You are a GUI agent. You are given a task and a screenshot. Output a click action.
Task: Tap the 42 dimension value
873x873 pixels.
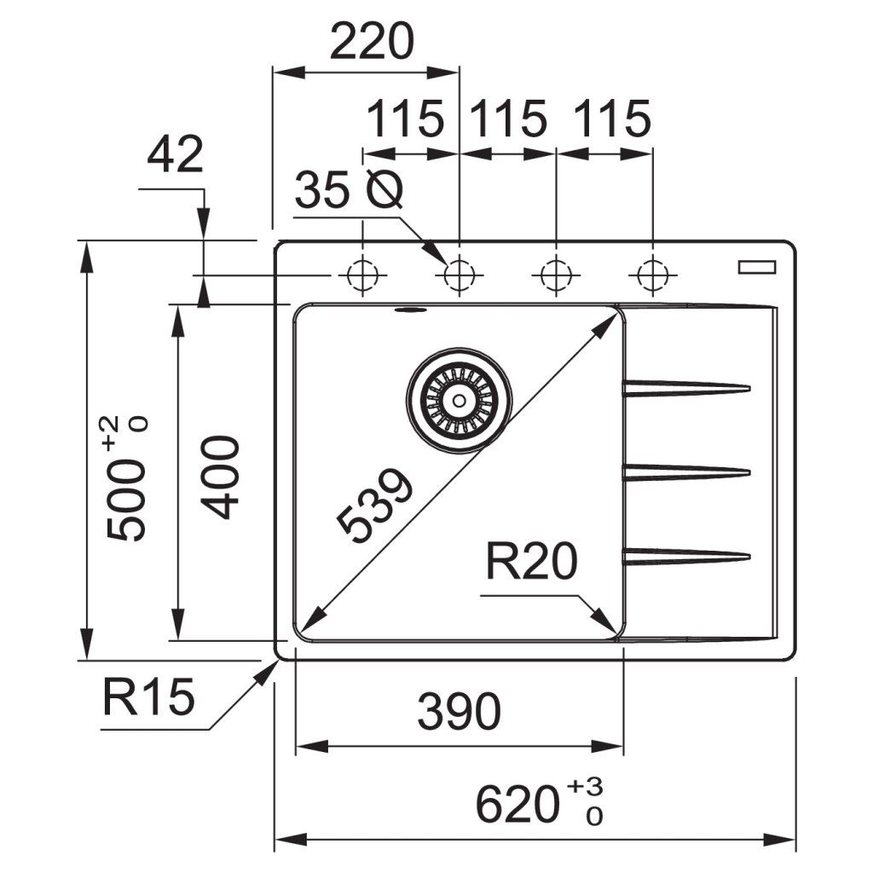175,155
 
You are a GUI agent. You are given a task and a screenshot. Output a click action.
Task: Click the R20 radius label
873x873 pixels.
531,562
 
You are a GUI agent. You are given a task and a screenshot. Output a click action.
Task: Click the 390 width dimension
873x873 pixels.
458,711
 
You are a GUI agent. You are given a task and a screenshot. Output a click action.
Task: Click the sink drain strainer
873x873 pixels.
459,399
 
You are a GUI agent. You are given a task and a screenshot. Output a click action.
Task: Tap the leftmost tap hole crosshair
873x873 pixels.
363,275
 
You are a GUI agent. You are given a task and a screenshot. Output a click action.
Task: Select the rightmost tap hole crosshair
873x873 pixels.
652,275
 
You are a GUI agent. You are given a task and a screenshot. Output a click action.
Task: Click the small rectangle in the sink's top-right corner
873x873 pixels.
756,267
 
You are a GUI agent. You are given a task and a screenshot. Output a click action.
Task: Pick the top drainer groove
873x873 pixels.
686,389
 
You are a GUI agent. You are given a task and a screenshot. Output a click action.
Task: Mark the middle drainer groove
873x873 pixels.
686,471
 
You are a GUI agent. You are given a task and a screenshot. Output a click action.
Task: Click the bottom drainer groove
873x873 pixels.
686,557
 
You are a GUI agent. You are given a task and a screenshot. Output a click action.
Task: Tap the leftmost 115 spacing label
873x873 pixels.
405,119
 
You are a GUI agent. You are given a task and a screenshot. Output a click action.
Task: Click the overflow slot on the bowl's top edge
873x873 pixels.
410,310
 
